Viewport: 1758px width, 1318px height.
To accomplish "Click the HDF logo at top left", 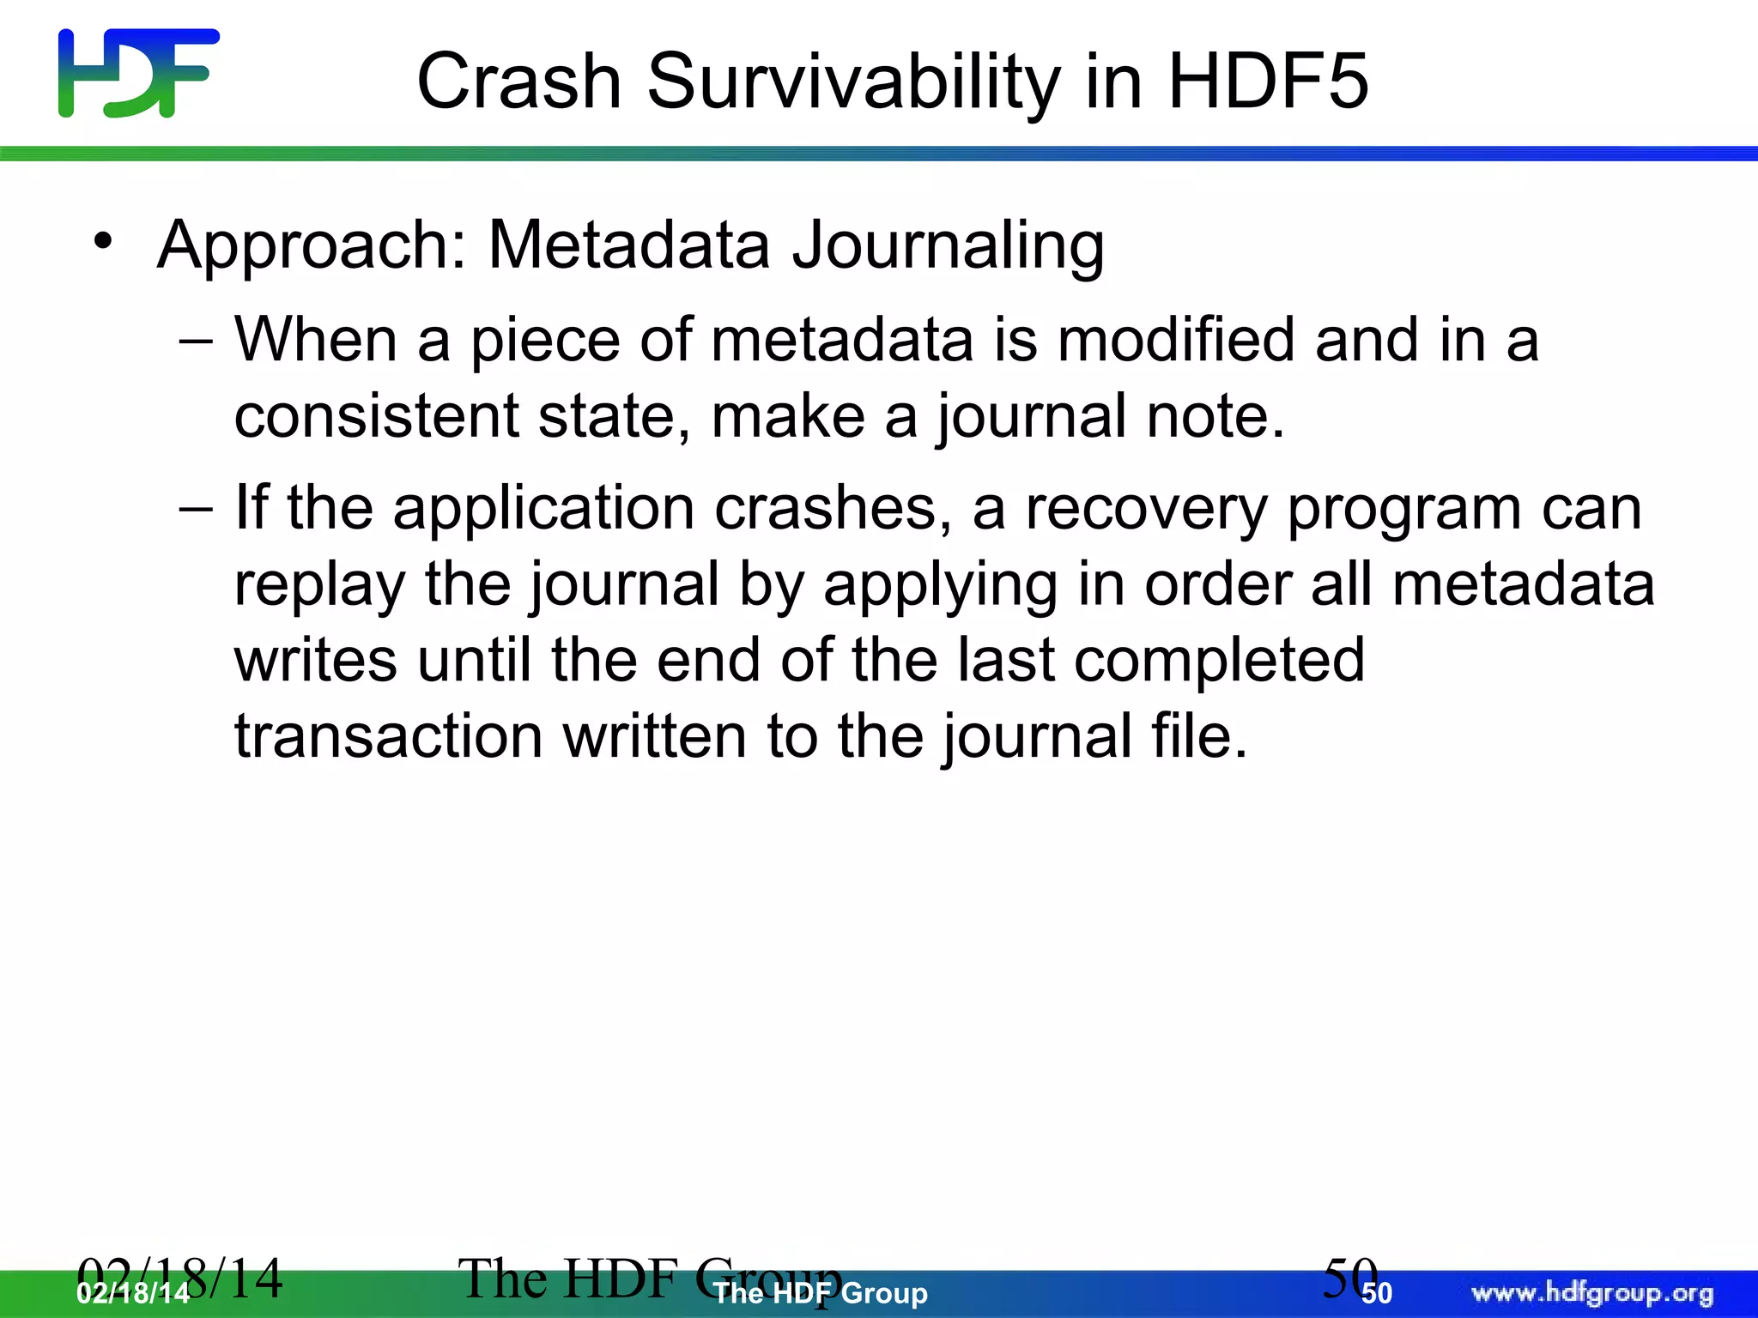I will click(x=138, y=73).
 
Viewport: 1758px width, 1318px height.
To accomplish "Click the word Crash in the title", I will click(x=518, y=82).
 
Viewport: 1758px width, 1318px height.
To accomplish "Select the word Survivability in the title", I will click(x=853, y=83).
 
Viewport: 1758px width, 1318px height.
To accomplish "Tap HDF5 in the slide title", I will click(x=1268, y=82).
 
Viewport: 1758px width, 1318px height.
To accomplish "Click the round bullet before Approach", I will click(x=104, y=242).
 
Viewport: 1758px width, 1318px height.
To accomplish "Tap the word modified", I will click(x=1175, y=340).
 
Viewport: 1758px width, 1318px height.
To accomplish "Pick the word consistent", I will click(x=376, y=416).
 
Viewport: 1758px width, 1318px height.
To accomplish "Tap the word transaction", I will click(x=388, y=736).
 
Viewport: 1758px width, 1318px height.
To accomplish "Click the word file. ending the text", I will click(x=1199, y=736).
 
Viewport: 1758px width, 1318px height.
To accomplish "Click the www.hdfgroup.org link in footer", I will click(x=1592, y=1293).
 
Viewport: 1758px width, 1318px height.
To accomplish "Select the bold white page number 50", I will click(x=1377, y=1294).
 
